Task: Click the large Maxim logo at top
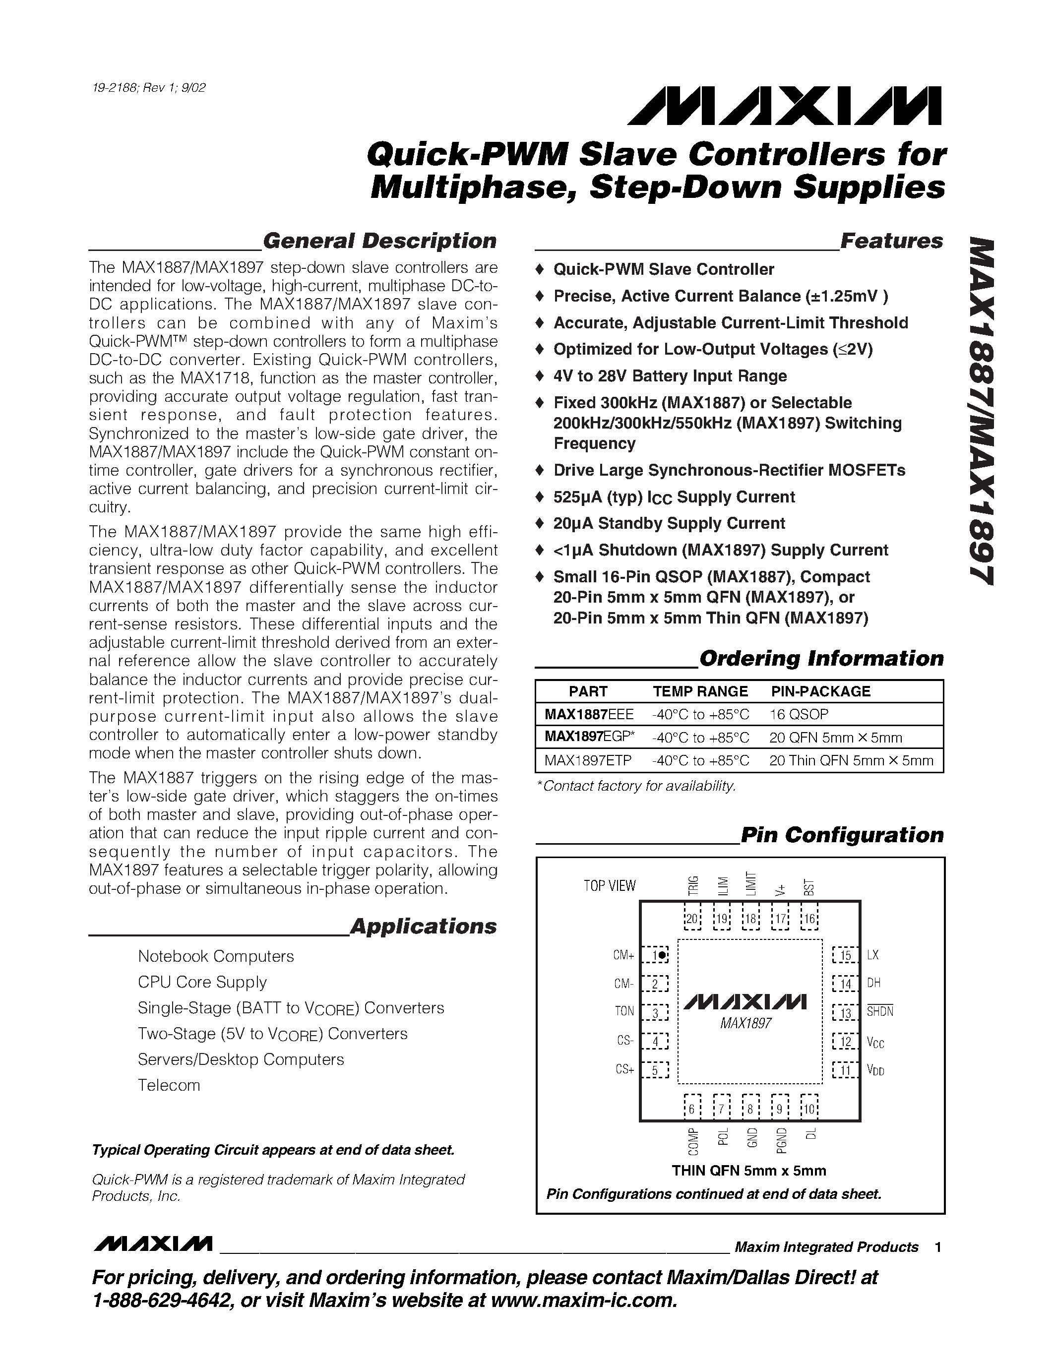click(x=784, y=106)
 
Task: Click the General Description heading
click(x=379, y=241)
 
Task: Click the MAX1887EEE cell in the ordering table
click(x=589, y=714)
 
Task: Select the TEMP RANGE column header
click(x=700, y=691)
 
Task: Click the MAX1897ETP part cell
click(x=588, y=761)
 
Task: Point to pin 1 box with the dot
click(x=656, y=956)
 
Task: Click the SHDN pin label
click(x=880, y=1012)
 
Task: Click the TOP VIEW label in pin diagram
click(x=610, y=885)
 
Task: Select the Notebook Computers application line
click(x=215, y=956)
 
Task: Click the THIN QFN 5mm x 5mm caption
click(x=748, y=1171)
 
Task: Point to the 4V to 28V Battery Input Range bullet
click(x=670, y=376)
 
